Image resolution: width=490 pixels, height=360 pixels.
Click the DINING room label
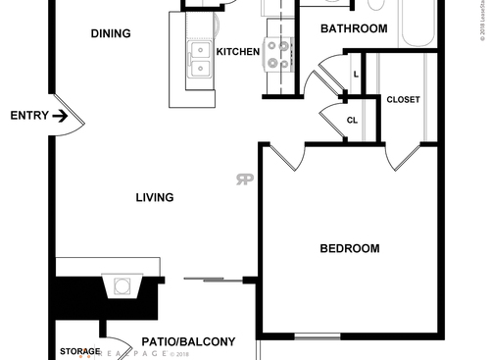click(x=111, y=33)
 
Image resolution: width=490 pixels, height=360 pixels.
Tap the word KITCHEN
click(x=237, y=51)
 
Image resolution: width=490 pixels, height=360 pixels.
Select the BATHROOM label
click(x=354, y=28)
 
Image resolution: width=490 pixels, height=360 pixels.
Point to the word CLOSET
click(x=404, y=100)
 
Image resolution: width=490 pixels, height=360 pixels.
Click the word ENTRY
click(x=28, y=116)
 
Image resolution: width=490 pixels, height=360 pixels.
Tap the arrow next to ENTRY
click(x=60, y=116)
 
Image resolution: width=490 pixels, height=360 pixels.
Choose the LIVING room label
click(x=155, y=197)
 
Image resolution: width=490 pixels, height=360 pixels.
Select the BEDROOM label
click(x=350, y=248)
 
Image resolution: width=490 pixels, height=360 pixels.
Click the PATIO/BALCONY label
click(x=188, y=341)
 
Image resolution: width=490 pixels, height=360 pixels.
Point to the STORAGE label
click(x=79, y=351)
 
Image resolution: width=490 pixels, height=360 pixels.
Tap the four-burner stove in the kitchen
click(x=278, y=54)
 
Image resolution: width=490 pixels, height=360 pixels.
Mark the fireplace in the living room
click(x=123, y=287)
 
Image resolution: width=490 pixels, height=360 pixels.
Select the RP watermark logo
click(x=243, y=179)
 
